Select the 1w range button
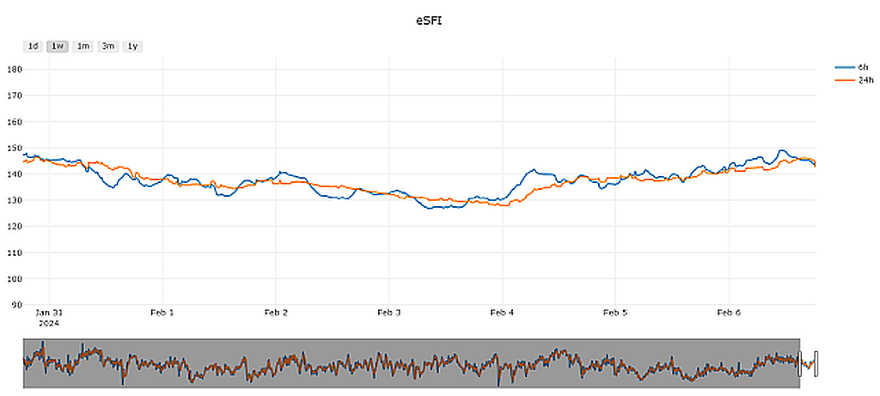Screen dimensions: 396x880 click(58, 46)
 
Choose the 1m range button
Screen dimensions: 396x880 click(83, 46)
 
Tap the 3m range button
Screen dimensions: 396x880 click(108, 46)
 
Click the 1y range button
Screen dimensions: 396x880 click(132, 46)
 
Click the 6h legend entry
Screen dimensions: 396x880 click(863, 67)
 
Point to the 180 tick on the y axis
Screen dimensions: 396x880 click(14, 70)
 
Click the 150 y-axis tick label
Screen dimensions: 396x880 click(14, 148)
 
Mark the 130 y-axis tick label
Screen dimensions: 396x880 click(14, 200)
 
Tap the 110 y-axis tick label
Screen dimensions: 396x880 click(14, 253)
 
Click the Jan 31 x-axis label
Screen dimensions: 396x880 click(49, 313)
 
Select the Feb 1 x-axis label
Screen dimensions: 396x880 click(162, 313)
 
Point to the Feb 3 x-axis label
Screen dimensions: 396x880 click(388, 313)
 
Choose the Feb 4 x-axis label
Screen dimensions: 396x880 click(502, 313)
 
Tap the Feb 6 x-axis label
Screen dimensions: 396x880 click(729, 313)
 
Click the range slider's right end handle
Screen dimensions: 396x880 click(816, 363)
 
